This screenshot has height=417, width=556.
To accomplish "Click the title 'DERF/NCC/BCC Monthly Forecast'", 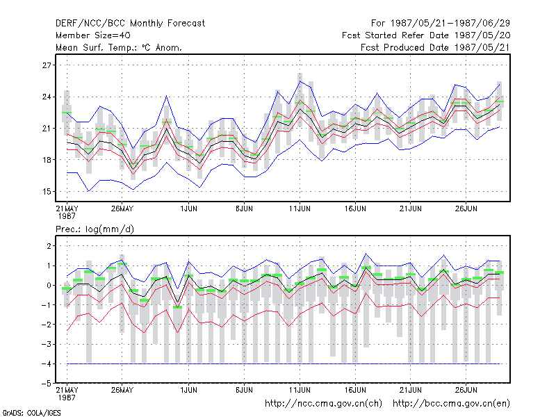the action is (x=130, y=24).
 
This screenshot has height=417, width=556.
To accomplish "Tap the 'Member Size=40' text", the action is (x=93, y=35).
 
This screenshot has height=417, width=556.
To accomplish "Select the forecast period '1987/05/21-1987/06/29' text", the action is (x=450, y=24).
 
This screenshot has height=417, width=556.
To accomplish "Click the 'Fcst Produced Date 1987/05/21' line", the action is (x=435, y=47).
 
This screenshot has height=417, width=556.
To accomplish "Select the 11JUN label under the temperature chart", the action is (x=300, y=208).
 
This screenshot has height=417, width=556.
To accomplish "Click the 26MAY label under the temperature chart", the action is (x=122, y=208).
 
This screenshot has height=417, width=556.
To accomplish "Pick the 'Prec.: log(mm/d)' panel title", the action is (x=95, y=229).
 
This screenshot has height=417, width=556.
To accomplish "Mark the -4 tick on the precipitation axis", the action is (x=46, y=363).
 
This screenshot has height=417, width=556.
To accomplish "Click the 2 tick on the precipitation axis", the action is (x=49, y=246).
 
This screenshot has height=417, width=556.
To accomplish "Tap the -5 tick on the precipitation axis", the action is (x=46, y=384).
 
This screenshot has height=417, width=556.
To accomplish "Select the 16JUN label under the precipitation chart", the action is (x=355, y=390).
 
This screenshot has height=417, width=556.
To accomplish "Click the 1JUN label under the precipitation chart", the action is (x=188, y=390).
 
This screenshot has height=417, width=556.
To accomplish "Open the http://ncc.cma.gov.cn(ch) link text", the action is (x=323, y=404).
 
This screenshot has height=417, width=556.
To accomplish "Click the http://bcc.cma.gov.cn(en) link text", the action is (x=451, y=404).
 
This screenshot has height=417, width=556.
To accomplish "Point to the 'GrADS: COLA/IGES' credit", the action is (x=31, y=413).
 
